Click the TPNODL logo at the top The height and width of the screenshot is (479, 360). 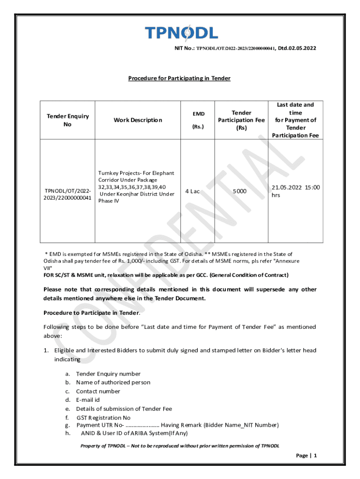point(181,33)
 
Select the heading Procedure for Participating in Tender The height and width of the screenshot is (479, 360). point(179,78)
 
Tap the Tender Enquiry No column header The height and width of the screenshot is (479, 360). point(67,120)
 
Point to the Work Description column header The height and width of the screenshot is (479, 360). point(138,120)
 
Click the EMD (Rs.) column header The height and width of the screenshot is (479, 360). point(198,120)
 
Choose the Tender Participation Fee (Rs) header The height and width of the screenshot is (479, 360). point(241,120)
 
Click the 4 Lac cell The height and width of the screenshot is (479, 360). point(192,191)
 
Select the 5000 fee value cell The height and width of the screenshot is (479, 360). point(240,191)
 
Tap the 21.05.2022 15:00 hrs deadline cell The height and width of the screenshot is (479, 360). point(295,191)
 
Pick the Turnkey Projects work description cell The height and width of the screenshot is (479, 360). point(136,187)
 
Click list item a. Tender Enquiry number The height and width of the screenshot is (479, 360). point(108,374)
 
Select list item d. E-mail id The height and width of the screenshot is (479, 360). point(88,400)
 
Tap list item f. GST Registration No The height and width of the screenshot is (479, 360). point(103,418)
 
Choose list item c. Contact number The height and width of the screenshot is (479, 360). point(98,391)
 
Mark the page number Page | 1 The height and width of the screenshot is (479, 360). point(306,455)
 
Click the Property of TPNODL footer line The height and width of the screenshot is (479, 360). point(180,446)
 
